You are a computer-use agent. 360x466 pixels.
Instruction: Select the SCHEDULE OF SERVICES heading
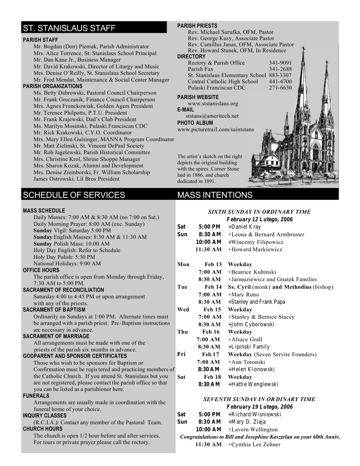coord(74,195)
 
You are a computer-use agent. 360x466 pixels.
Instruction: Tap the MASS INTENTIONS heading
coord(214,195)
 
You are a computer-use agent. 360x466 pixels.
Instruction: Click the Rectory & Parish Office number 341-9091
coord(280,63)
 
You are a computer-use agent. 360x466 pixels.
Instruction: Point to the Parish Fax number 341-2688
coord(280,69)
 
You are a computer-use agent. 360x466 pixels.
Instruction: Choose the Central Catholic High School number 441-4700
coord(280,81)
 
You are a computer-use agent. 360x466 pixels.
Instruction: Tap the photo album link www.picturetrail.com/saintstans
coord(215,130)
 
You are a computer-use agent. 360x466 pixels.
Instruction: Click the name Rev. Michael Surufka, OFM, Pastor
coord(230,32)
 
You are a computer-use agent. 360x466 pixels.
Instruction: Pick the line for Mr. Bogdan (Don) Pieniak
coord(91,46)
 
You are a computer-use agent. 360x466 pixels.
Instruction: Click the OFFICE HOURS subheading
coord(41,270)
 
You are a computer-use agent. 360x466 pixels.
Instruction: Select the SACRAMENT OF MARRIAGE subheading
coord(56,336)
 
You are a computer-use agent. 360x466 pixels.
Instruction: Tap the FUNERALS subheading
coord(36,395)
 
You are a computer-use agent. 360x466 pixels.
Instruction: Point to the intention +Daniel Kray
coord(244,227)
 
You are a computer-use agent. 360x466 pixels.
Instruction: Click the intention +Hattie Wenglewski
coord(253,385)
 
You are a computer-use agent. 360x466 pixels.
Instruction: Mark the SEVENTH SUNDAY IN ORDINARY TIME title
coord(259,399)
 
